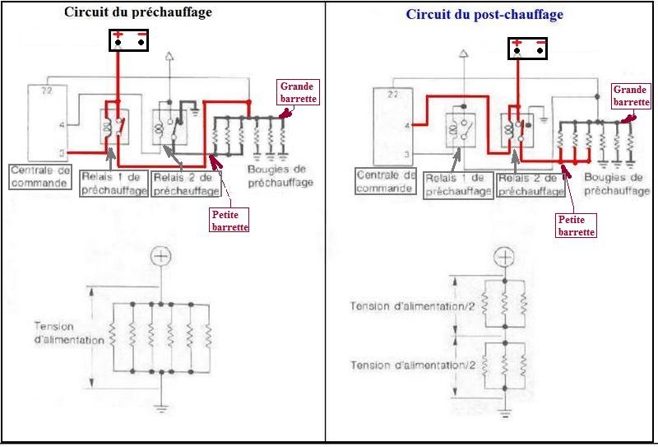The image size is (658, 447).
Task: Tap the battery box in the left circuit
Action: tap(129, 40)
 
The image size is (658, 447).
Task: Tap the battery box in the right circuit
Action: tap(528, 49)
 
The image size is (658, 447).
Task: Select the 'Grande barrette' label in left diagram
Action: tap(298, 92)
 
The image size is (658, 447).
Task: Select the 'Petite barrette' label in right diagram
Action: tap(576, 226)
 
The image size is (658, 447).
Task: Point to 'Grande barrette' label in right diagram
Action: tap(630, 95)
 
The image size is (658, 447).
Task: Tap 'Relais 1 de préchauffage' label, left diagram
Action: tap(114, 184)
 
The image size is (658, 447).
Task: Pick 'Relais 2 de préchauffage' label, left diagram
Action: tap(187, 184)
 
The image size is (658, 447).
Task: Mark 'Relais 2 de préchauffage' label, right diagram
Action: tap(531, 184)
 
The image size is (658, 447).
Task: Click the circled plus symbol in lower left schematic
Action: tap(161, 256)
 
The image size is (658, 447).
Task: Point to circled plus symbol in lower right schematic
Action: tap(504, 256)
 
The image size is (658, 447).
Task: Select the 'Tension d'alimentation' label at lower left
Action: tap(69, 333)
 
